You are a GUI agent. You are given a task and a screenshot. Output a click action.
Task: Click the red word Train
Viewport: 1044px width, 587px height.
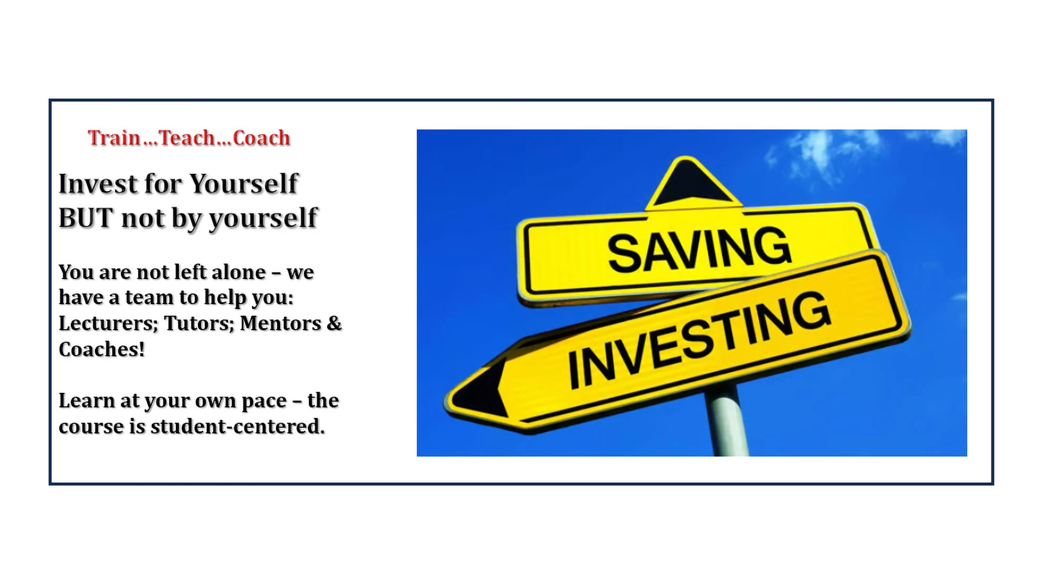pyautogui.click(x=114, y=138)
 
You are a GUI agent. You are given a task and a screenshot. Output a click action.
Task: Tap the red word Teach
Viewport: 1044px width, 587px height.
pyautogui.click(x=187, y=138)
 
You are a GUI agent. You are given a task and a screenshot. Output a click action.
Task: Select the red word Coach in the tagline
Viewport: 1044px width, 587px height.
pyautogui.click(x=262, y=138)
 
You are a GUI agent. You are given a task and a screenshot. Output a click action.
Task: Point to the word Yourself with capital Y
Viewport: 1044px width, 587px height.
pyautogui.click(x=244, y=184)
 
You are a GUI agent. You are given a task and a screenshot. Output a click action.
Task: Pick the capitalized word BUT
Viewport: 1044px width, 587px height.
pyautogui.click(x=86, y=218)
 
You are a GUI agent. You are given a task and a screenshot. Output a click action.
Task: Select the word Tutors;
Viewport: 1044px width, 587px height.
pyautogui.click(x=199, y=323)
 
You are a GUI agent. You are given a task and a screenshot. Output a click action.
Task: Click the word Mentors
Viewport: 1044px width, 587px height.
pyautogui.click(x=280, y=323)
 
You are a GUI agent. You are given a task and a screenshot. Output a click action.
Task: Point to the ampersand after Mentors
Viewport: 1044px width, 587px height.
pyautogui.click(x=334, y=323)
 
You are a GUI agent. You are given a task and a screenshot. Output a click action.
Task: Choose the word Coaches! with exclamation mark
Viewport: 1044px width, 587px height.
pyautogui.click(x=102, y=349)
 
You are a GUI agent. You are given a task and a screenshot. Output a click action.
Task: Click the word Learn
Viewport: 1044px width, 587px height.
pyautogui.click(x=86, y=401)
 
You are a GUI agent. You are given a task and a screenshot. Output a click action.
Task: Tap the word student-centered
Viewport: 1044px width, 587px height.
pyautogui.click(x=237, y=427)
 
